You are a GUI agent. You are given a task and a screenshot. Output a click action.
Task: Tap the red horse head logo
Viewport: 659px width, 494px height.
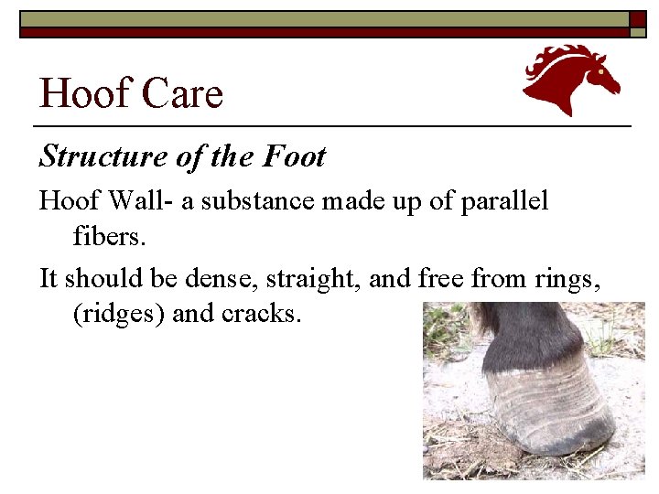[x=570, y=80]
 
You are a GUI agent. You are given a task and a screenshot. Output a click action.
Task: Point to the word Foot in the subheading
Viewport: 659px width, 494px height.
[x=294, y=157]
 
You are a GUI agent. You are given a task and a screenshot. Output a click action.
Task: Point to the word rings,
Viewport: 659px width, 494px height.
[x=568, y=278]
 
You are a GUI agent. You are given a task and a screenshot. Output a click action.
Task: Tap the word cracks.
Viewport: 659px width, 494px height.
[x=262, y=314]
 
